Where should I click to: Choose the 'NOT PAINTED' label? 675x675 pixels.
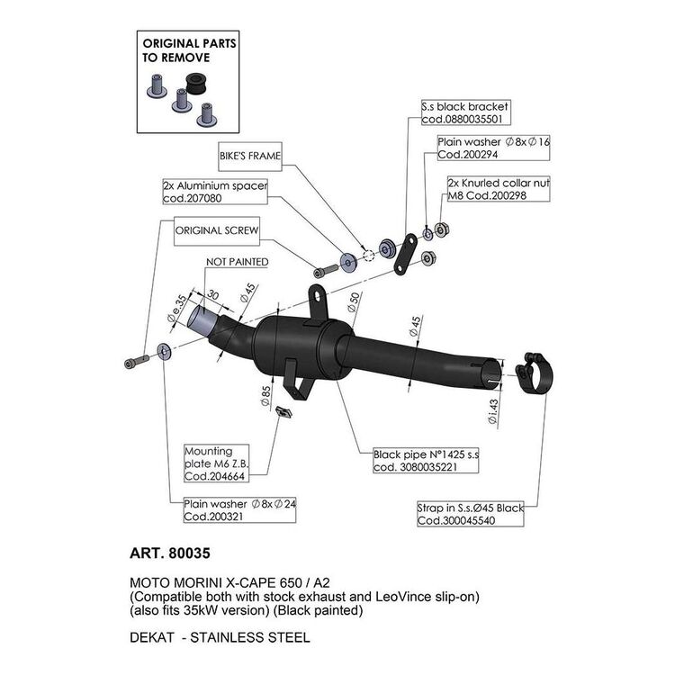click(x=238, y=262)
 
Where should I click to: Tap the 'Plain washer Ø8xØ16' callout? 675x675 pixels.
click(x=482, y=148)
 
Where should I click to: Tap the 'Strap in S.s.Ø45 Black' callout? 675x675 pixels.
click(x=470, y=515)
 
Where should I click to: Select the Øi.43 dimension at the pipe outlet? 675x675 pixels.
click(x=491, y=413)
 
